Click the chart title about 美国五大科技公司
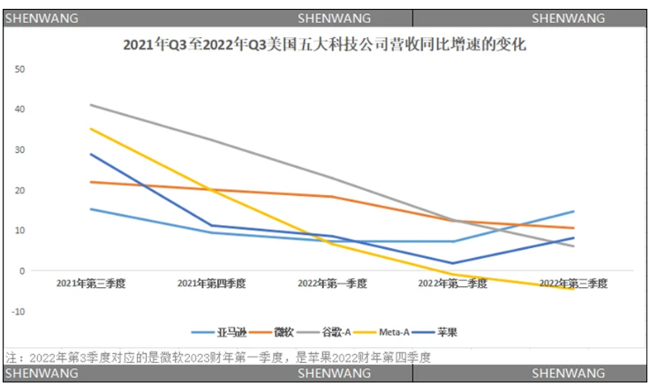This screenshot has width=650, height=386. tap(324, 44)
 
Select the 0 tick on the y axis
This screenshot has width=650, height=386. tap(23, 271)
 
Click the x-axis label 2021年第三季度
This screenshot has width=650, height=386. tap(90, 284)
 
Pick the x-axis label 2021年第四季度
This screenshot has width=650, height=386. tap(211, 284)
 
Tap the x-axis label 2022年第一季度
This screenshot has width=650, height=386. tap(332, 284)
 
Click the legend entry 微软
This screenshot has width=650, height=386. tap(282, 332)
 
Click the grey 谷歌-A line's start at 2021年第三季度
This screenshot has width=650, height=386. tap(90, 105)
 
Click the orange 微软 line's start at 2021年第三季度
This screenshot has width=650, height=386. tap(90, 182)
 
